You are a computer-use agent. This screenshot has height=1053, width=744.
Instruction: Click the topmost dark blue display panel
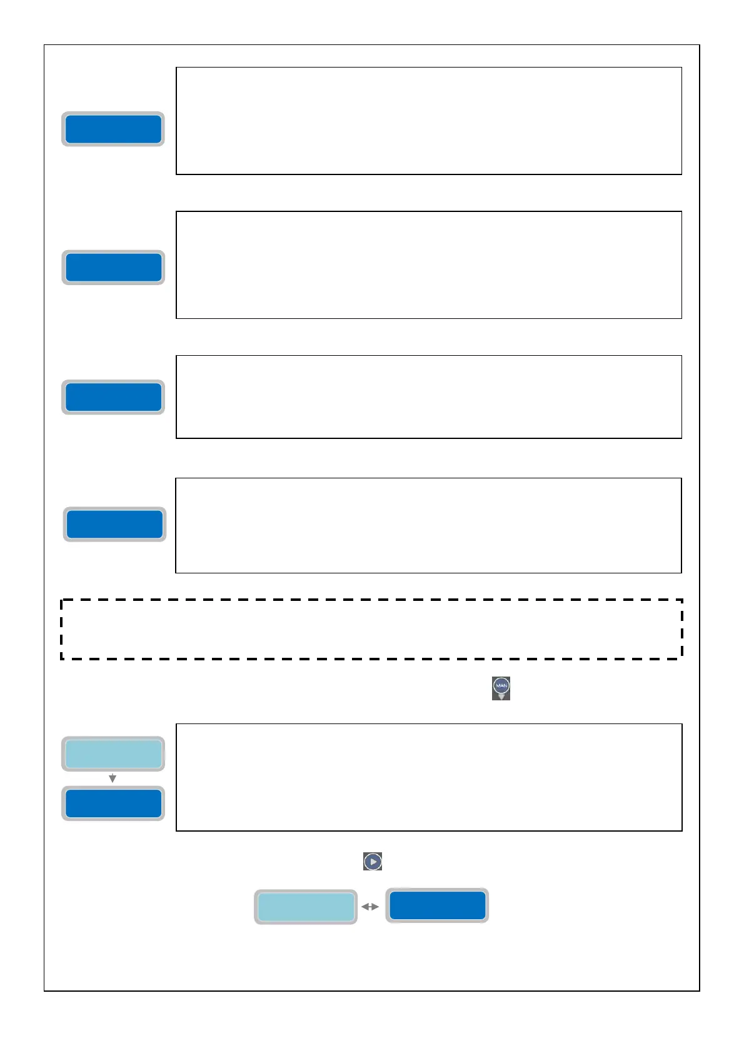click(113, 129)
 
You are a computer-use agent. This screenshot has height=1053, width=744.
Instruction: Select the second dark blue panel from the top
click(113, 268)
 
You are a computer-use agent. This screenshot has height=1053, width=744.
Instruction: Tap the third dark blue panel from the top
click(113, 397)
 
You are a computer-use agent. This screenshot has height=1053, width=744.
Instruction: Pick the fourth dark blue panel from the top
click(114, 524)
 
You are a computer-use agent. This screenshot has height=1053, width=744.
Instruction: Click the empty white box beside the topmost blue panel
click(428, 121)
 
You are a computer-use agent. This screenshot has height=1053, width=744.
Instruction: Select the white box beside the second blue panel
click(428, 265)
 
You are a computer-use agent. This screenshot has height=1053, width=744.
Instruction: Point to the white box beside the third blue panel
click(428, 396)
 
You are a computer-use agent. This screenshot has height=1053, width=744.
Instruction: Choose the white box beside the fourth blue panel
click(428, 525)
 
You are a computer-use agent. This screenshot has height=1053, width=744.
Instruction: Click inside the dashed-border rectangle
click(371, 629)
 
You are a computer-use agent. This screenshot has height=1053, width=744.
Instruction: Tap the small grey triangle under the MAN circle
click(501, 697)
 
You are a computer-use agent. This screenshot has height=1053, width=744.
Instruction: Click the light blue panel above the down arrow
click(113, 753)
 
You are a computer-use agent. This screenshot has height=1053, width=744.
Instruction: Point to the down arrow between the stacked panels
click(113, 778)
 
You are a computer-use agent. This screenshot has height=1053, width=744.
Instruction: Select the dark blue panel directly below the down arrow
click(113, 804)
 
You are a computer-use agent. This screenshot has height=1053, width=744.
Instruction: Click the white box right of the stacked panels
click(428, 777)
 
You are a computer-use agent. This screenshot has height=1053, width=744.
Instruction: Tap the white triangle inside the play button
click(373, 862)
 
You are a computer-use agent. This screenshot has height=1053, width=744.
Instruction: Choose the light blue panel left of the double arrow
click(306, 907)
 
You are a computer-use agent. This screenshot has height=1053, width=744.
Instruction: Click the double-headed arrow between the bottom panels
click(370, 907)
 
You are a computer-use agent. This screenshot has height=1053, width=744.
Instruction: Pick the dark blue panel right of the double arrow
click(437, 905)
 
